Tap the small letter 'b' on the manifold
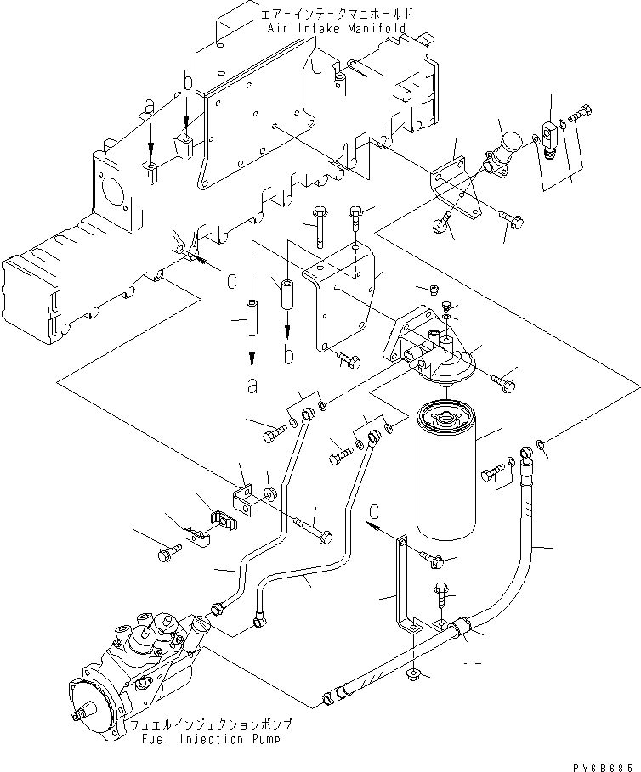tap(187, 82)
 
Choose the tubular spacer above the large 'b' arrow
tap(287, 293)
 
